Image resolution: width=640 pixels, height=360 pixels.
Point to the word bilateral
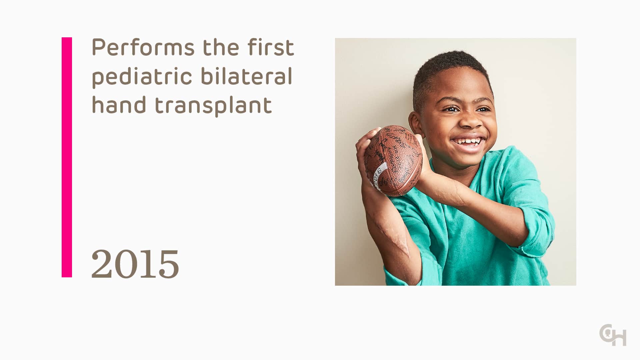[x=246, y=76]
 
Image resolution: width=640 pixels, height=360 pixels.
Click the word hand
[x=119, y=105]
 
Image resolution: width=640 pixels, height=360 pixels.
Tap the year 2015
[x=135, y=264]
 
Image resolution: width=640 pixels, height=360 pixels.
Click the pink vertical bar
[x=67, y=157]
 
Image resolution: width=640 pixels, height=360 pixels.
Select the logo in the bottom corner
[x=613, y=335]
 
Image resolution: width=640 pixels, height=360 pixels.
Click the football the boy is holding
[x=393, y=160]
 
